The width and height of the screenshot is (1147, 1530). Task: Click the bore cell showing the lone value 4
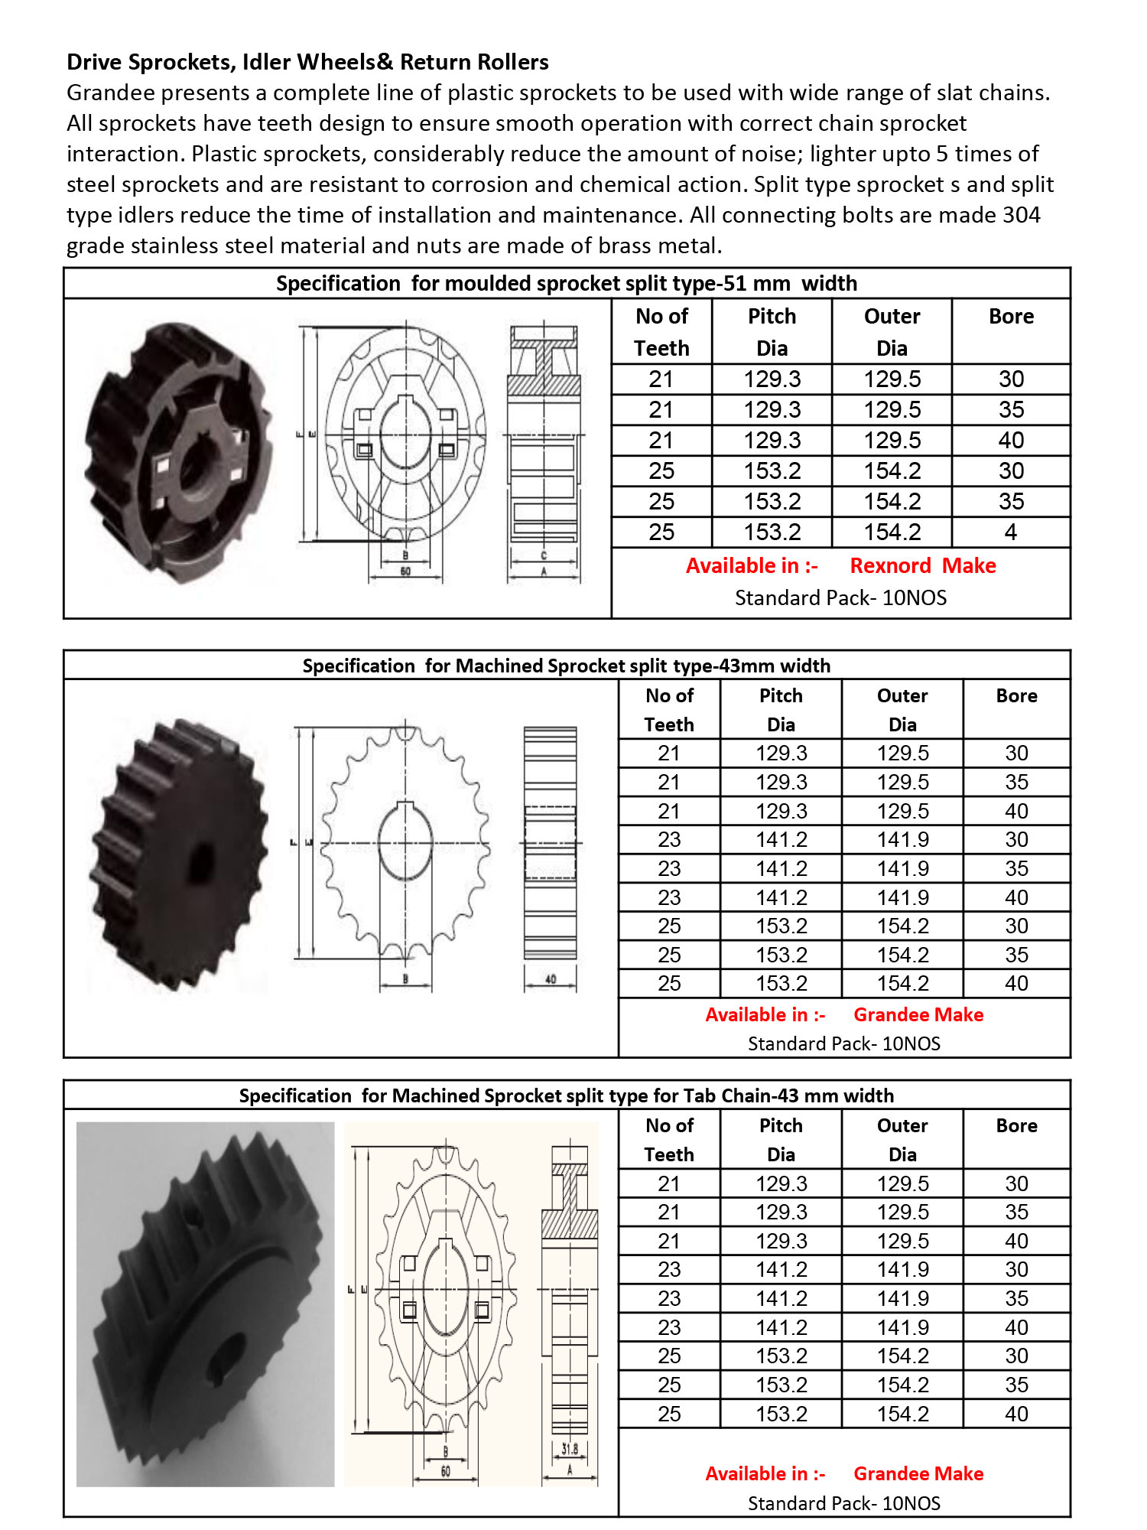[x=1011, y=532]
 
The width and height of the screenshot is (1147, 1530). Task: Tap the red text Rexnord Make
[x=923, y=566]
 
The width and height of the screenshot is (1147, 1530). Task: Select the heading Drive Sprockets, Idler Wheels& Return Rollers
[x=307, y=62]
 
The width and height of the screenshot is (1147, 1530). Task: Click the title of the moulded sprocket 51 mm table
[x=567, y=284]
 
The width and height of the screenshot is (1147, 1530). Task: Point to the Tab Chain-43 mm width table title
[x=567, y=1095]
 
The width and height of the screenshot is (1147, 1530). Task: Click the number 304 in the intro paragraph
[x=1021, y=215]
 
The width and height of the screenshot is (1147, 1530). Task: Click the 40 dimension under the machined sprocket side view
[x=551, y=979]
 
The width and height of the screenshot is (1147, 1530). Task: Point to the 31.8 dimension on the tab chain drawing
[x=570, y=1448]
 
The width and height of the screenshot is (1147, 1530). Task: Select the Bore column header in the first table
[x=1011, y=317]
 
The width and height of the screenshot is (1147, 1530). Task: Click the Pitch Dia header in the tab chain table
[x=781, y=1140]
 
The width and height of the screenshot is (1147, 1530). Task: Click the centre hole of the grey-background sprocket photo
[x=227, y=1356]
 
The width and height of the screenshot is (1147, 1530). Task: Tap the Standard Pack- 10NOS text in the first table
[x=840, y=598]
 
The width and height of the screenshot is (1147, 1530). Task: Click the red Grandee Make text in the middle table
[x=918, y=1015]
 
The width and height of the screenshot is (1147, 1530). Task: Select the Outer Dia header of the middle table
[x=902, y=710]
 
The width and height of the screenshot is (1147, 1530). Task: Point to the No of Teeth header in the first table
[x=661, y=332]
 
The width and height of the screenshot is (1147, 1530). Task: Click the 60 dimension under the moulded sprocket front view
[x=405, y=571]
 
